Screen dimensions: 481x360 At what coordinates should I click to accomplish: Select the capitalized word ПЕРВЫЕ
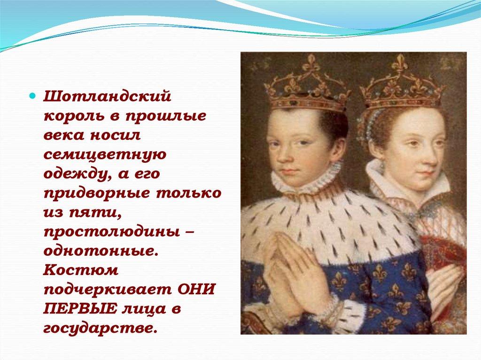pyautogui.click(x=80, y=309)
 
